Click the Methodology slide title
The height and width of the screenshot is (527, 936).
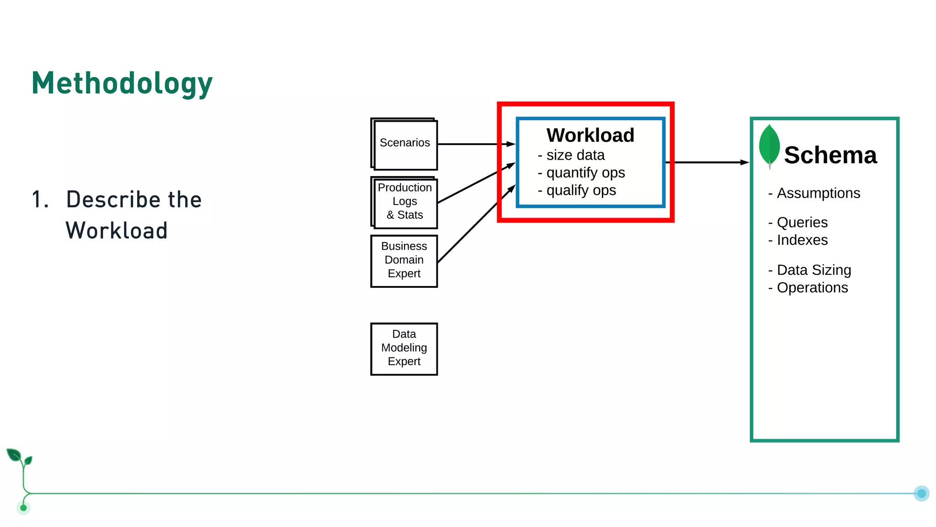(x=122, y=84)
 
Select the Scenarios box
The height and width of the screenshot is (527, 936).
(x=405, y=144)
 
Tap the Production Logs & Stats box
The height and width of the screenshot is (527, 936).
(x=405, y=202)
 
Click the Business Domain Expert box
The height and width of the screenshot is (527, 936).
(x=404, y=260)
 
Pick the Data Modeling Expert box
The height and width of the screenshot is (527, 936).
(x=404, y=348)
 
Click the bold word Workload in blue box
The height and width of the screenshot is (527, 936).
(x=590, y=135)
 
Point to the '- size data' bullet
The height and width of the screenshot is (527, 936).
(x=571, y=156)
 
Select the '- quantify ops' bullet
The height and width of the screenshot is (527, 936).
(x=581, y=173)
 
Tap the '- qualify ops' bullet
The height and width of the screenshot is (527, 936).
(x=577, y=190)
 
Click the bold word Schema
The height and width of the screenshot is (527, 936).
(x=830, y=156)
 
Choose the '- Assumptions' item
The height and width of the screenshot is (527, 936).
(x=814, y=193)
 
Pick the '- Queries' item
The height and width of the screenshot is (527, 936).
(x=798, y=222)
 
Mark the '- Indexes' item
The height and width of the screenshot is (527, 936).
(x=798, y=240)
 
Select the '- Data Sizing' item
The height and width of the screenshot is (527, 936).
(x=809, y=270)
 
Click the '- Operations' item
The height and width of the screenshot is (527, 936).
(x=808, y=288)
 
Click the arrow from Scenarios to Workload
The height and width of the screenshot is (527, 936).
(x=475, y=144)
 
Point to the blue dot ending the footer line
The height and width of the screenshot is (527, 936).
(x=921, y=494)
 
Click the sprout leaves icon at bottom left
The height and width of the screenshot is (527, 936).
(x=19, y=457)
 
